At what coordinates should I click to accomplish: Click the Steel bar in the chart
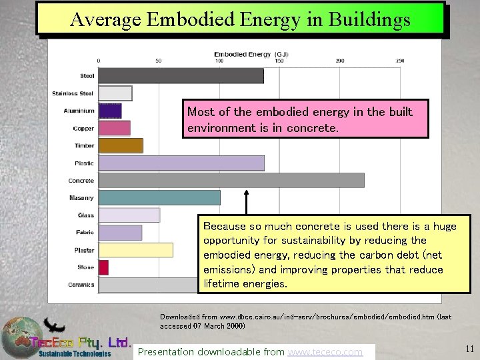[181, 76]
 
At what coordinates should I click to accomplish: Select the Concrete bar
[231, 180]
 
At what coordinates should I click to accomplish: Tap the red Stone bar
[104, 267]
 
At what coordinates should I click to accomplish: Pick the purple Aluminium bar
[110, 111]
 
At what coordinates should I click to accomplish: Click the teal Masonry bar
[159, 197]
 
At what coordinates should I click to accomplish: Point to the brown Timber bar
[121, 145]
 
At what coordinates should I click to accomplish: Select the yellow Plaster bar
[136, 250]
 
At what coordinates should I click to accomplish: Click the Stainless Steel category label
[73, 93]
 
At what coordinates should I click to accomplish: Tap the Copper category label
[83, 128]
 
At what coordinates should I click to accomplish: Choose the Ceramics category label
[81, 285]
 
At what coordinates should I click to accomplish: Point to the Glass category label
[85, 215]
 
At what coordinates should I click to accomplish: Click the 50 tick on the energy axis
[159, 61]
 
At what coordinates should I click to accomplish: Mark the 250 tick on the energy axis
[400, 61]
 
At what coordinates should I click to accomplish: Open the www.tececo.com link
[325, 351]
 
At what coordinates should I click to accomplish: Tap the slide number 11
[469, 348]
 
